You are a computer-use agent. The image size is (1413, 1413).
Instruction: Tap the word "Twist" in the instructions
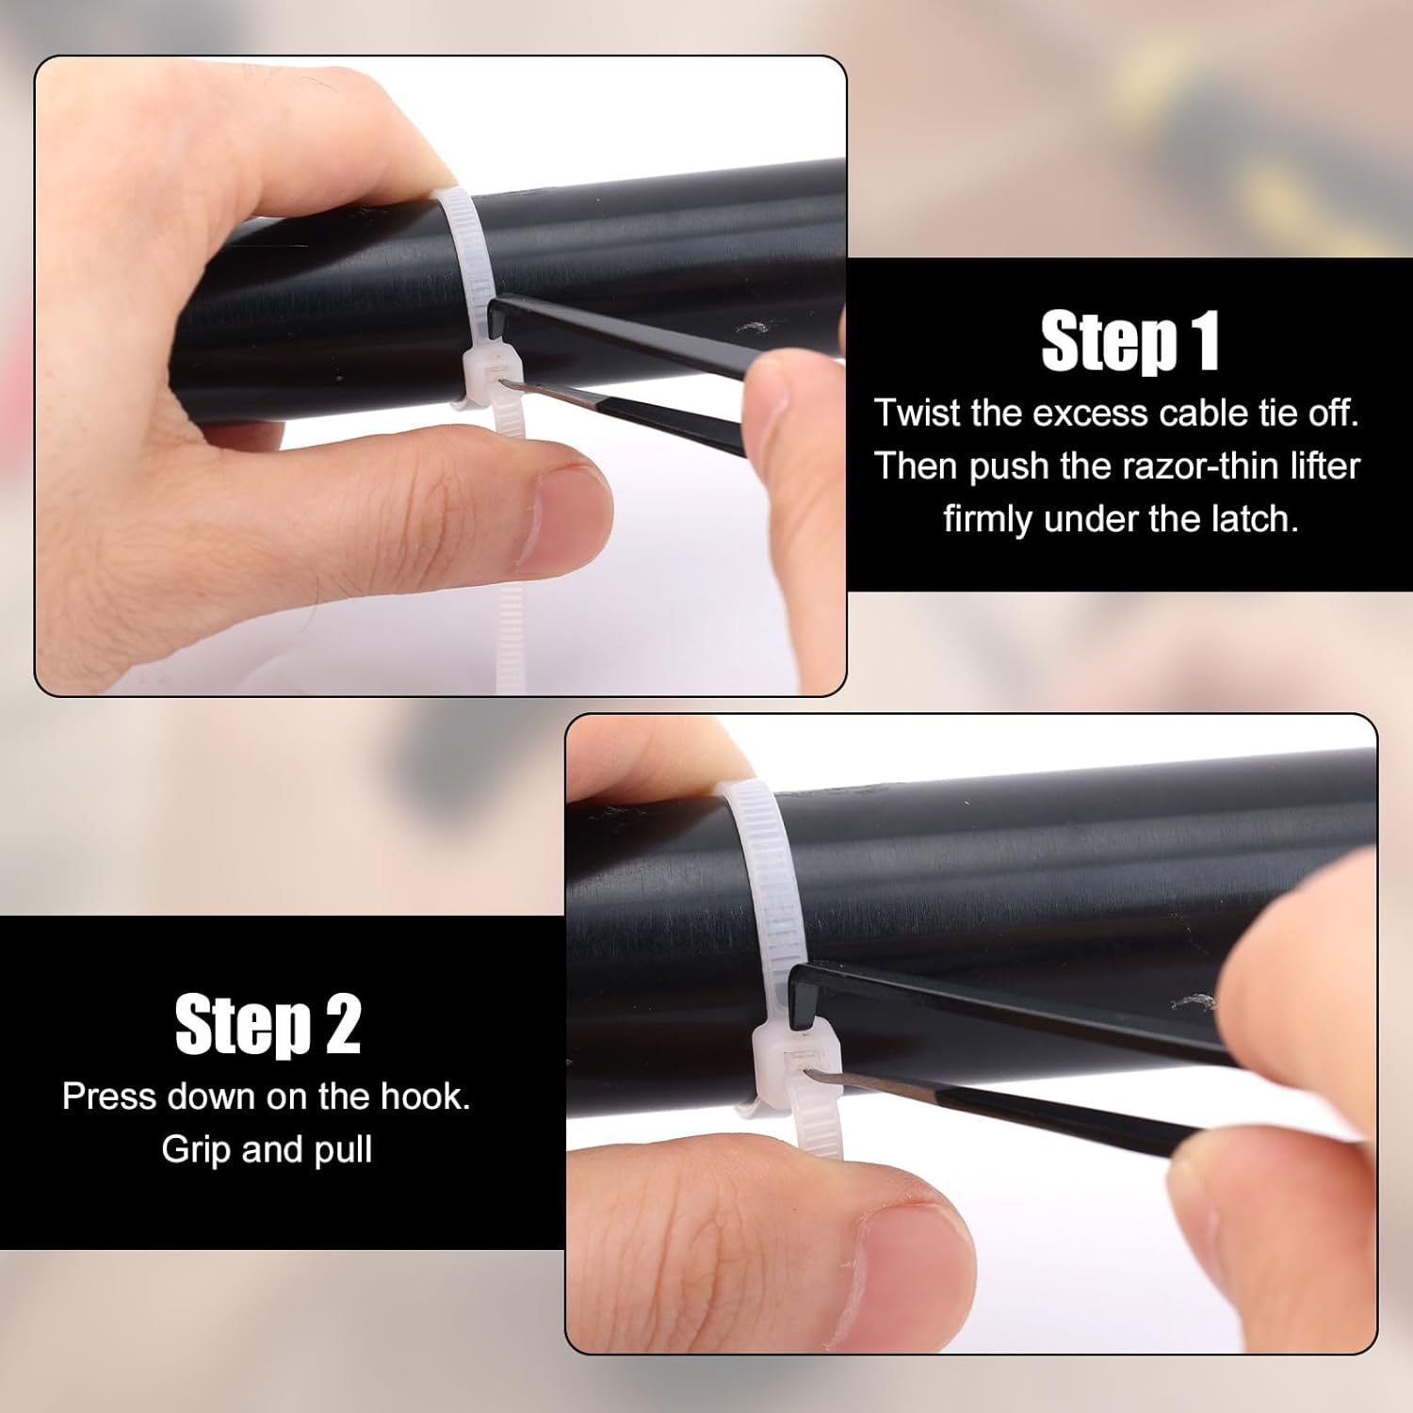917,413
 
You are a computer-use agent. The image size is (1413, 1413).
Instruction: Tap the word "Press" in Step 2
108,1096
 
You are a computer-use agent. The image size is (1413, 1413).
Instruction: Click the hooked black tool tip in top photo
499,316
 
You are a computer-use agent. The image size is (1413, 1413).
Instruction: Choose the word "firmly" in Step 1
989,519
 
